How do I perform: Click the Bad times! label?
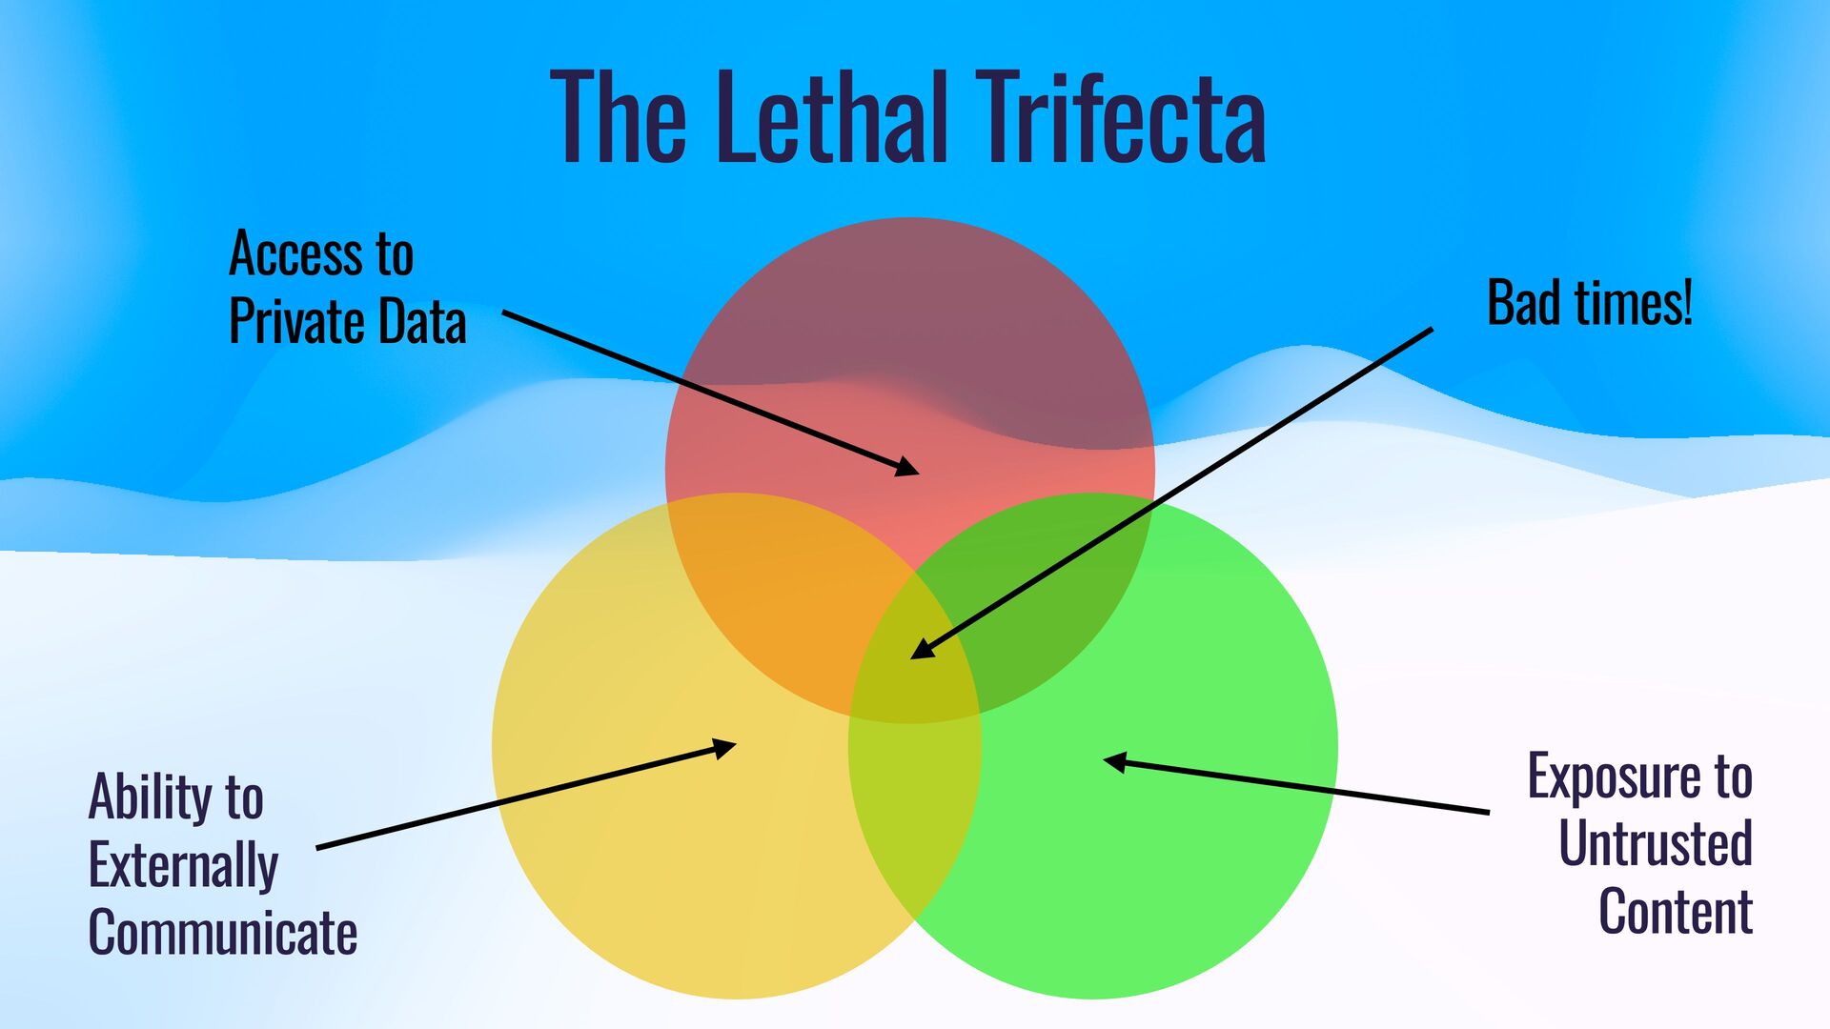(x=1589, y=303)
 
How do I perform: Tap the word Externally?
(x=183, y=865)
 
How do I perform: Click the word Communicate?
(x=223, y=932)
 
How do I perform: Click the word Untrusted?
(x=1656, y=843)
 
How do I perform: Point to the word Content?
(x=1676, y=911)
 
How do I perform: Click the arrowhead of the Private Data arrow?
(x=907, y=468)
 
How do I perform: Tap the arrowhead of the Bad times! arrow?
(x=921, y=650)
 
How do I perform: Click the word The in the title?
(x=618, y=118)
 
